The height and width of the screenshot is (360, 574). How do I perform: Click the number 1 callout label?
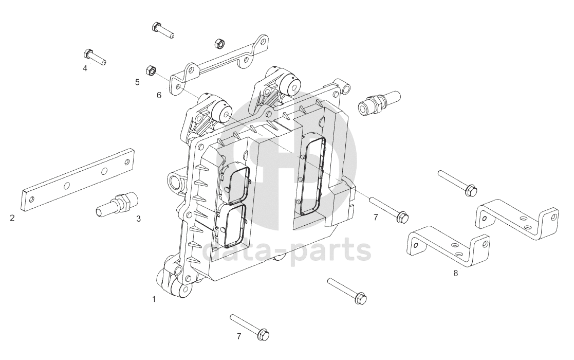tap(153, 298)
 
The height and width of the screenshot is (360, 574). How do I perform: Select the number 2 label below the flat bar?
tap(12, 218)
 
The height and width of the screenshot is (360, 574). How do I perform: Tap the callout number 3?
tap(138, 219)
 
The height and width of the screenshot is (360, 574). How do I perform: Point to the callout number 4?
tap(85, 67)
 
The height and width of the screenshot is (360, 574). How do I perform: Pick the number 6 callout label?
tap(159, 95)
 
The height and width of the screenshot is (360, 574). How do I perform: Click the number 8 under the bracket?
tap(455, 273)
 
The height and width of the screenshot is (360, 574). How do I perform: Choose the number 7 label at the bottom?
tap(238, 336)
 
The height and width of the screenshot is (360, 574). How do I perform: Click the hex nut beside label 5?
tap(151, 70)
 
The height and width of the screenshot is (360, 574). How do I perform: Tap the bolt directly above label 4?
tap(94, 56)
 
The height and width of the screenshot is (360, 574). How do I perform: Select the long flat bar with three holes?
tap(77, 179)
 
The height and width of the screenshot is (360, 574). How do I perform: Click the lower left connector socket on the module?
tap(236, 226)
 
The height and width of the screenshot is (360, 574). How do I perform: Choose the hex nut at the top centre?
tap(218, 42)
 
